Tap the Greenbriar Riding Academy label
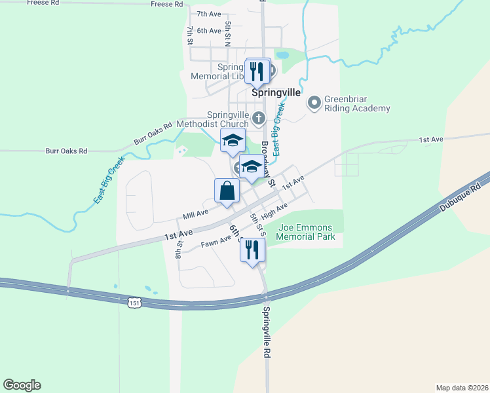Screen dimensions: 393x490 (357, 103)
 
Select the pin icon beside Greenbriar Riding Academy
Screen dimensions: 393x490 (315, 102)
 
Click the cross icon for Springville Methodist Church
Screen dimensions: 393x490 (259, 119)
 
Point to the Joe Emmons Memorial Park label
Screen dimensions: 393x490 (307, 233)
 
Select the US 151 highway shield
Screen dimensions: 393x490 (134, 303)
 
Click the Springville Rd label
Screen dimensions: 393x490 (267, 332)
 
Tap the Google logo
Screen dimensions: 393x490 (22, 385)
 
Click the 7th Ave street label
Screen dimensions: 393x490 (209, 14)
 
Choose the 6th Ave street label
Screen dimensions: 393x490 (209, 31)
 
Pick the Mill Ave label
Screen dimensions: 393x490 (196, 213)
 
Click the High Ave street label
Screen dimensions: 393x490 (274, 212)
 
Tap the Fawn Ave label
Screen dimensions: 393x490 (216, 242)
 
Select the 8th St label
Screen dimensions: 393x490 (178, 249)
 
